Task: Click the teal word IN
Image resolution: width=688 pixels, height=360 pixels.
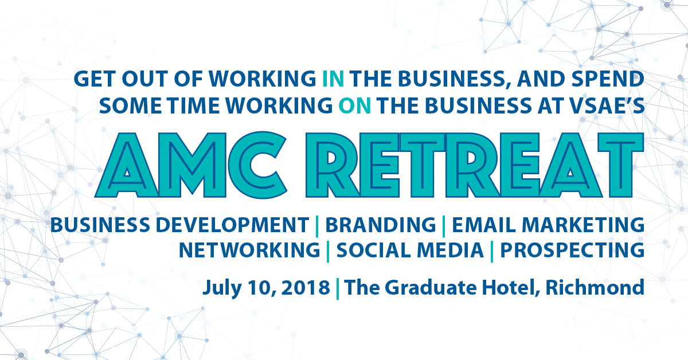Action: [333, 79]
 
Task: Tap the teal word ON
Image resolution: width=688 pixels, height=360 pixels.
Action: [355, 105]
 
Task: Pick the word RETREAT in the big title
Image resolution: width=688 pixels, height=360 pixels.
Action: [475, 165]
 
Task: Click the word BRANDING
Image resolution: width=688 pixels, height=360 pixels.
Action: [381, 225]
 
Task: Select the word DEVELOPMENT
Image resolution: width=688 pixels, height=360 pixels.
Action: [232, 225]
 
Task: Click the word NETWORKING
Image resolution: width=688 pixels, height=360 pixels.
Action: [249, 250]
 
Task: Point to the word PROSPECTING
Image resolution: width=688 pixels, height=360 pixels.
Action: [572, 250]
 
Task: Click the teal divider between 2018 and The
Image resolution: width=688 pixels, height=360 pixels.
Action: [338, 289]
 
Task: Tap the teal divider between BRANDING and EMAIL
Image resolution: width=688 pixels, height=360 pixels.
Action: [444, 226]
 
